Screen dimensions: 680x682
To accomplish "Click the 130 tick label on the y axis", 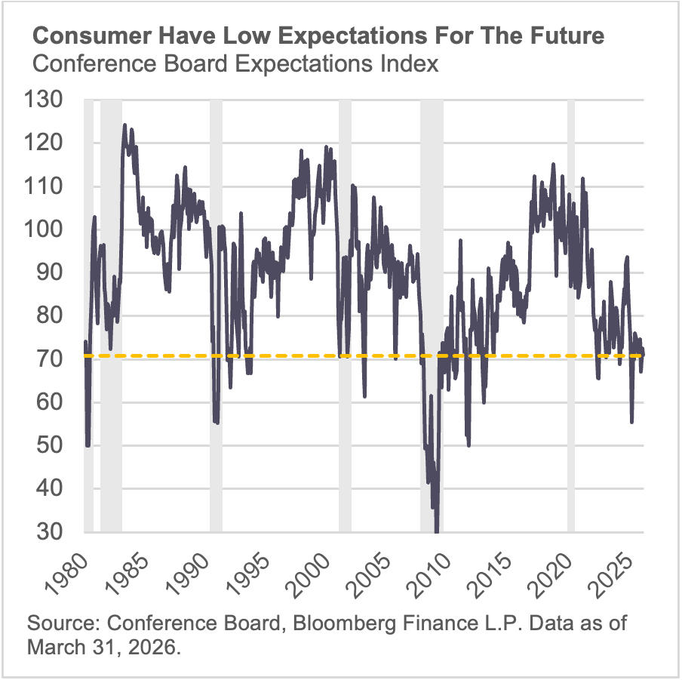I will pyautogui.click(x=48, y=100).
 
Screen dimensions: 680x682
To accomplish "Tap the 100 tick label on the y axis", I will pyautogui.click(x=48, y=229).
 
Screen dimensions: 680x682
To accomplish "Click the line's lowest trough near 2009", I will pyautogui.click(x=436, y=531).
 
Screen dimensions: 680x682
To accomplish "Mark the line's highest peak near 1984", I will pyautogui.click(x=124, y=125).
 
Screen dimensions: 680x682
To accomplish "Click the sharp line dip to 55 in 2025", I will pyautogui.click(x=631, y=422).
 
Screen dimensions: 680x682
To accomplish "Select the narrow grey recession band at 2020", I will pyautogui.click(x=571, y=317).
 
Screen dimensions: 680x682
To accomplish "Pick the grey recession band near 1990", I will pyautogui.click(x=216, y=317).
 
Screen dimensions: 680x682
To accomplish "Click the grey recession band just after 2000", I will pyautogui.click(x=345, y=317).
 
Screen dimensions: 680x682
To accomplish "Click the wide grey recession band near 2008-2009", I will pyautogui.click(x=432, y=317).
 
